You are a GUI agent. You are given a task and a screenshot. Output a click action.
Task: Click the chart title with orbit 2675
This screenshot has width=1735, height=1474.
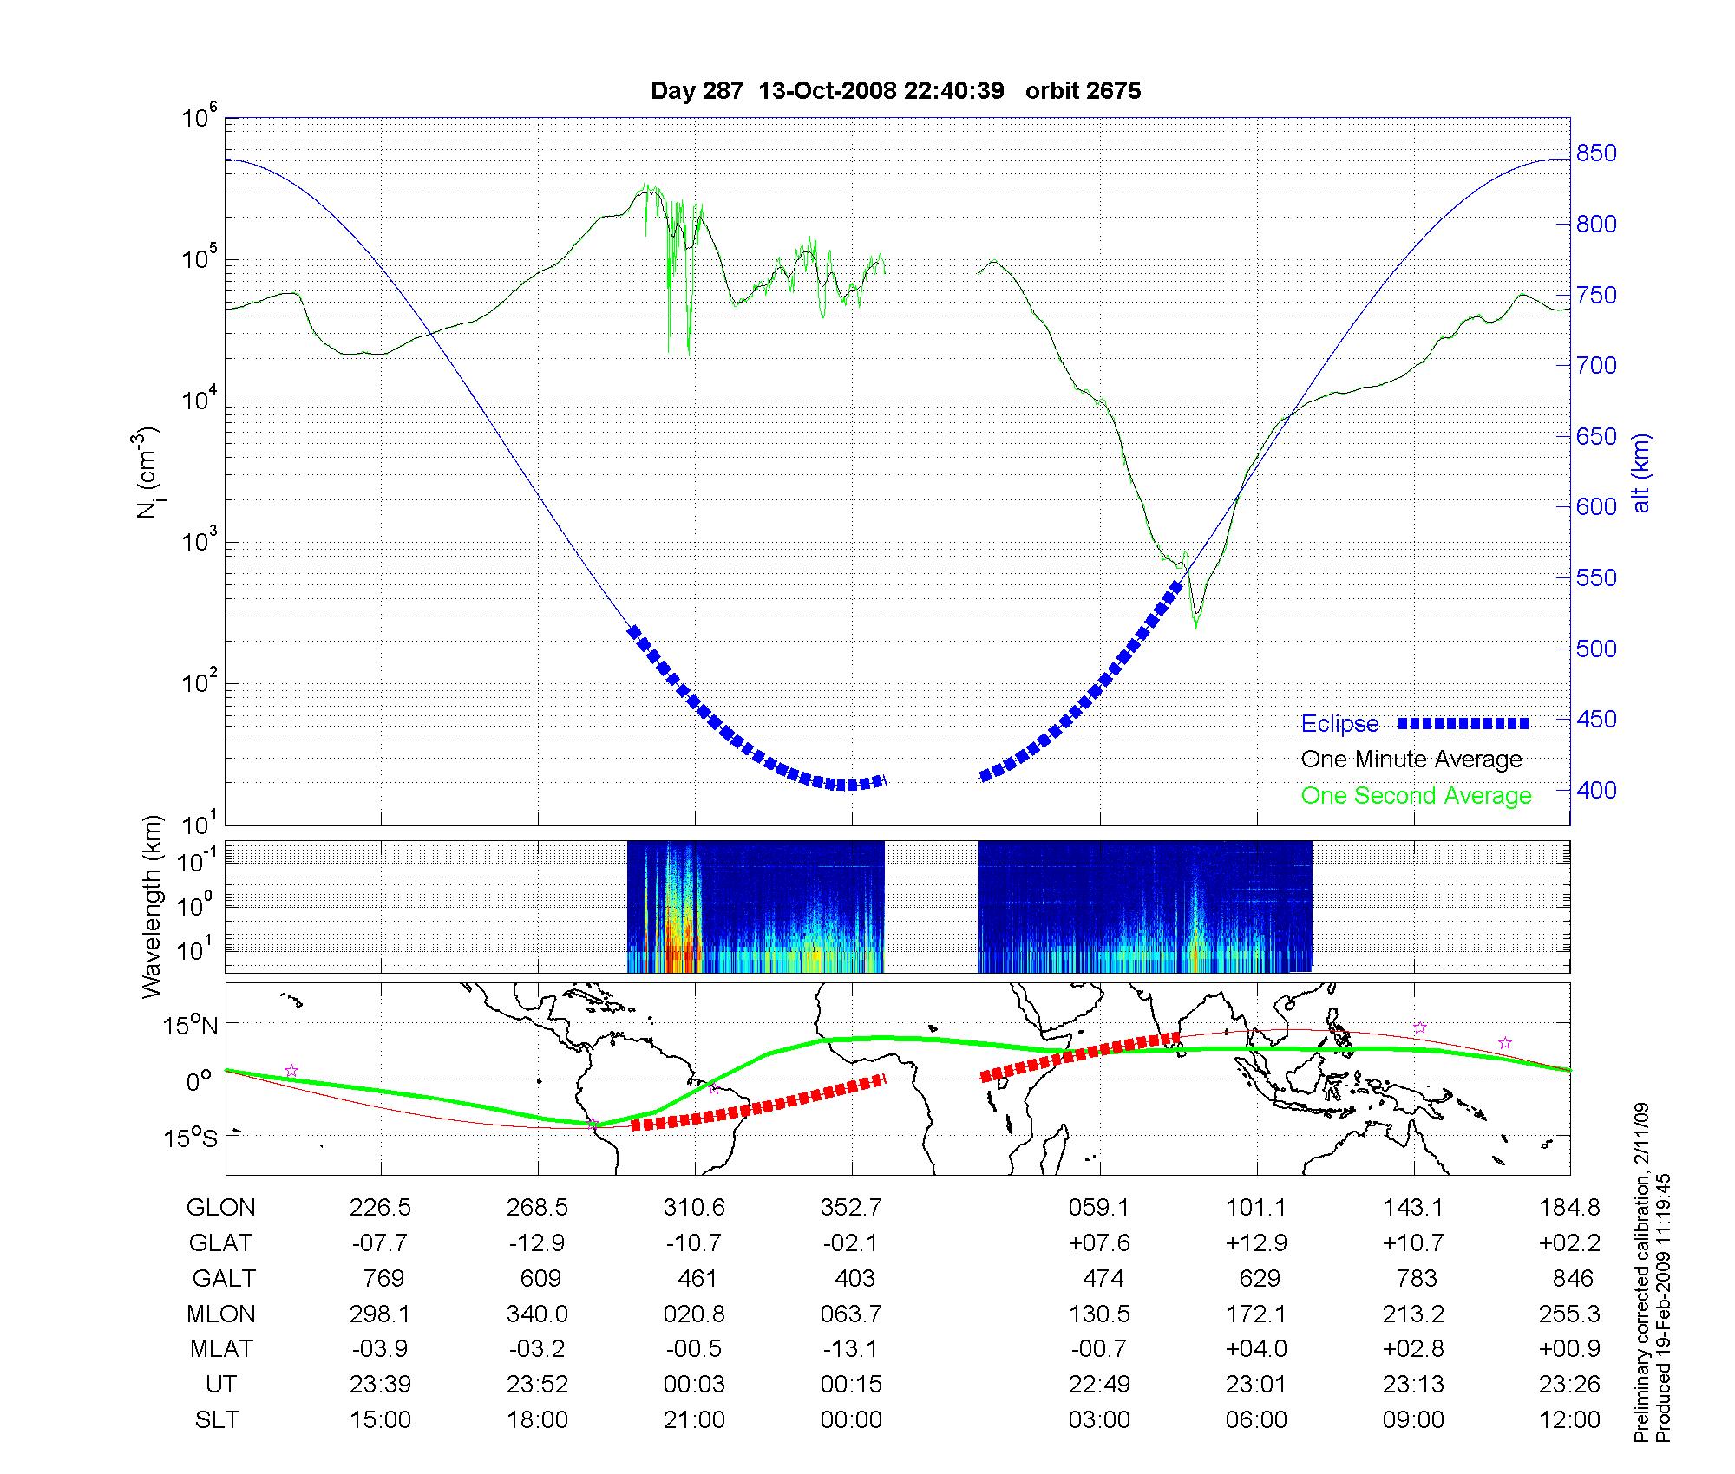pos(895,91)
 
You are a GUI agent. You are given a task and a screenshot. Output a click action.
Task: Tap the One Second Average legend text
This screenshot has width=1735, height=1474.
pos(1416,796)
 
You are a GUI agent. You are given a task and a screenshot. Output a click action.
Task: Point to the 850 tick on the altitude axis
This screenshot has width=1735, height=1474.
pos(1597,154)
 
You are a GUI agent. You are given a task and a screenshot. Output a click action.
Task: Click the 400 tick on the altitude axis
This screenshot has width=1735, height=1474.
pos(1597,791)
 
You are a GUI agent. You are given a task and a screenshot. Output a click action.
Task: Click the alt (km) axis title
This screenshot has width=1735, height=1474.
pos(1641,473)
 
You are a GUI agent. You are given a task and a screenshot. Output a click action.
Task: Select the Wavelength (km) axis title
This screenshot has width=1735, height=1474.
pos(153,906)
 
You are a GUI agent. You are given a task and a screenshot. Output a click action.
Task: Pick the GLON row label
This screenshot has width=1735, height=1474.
pos(221,1207)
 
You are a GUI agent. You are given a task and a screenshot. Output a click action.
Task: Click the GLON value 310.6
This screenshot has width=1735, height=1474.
pos(694,1207)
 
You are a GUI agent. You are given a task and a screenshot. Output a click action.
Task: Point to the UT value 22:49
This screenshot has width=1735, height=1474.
pos(1099,1385)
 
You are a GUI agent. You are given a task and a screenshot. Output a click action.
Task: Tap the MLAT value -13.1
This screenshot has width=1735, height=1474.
pos(852,1349)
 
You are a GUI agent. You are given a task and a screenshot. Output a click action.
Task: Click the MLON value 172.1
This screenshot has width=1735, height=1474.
pos(1256,1314)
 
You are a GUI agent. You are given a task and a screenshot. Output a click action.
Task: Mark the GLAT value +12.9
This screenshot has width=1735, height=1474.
pos(1256,1243)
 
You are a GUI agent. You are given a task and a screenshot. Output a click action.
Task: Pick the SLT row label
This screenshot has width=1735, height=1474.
pos(217,1420)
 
